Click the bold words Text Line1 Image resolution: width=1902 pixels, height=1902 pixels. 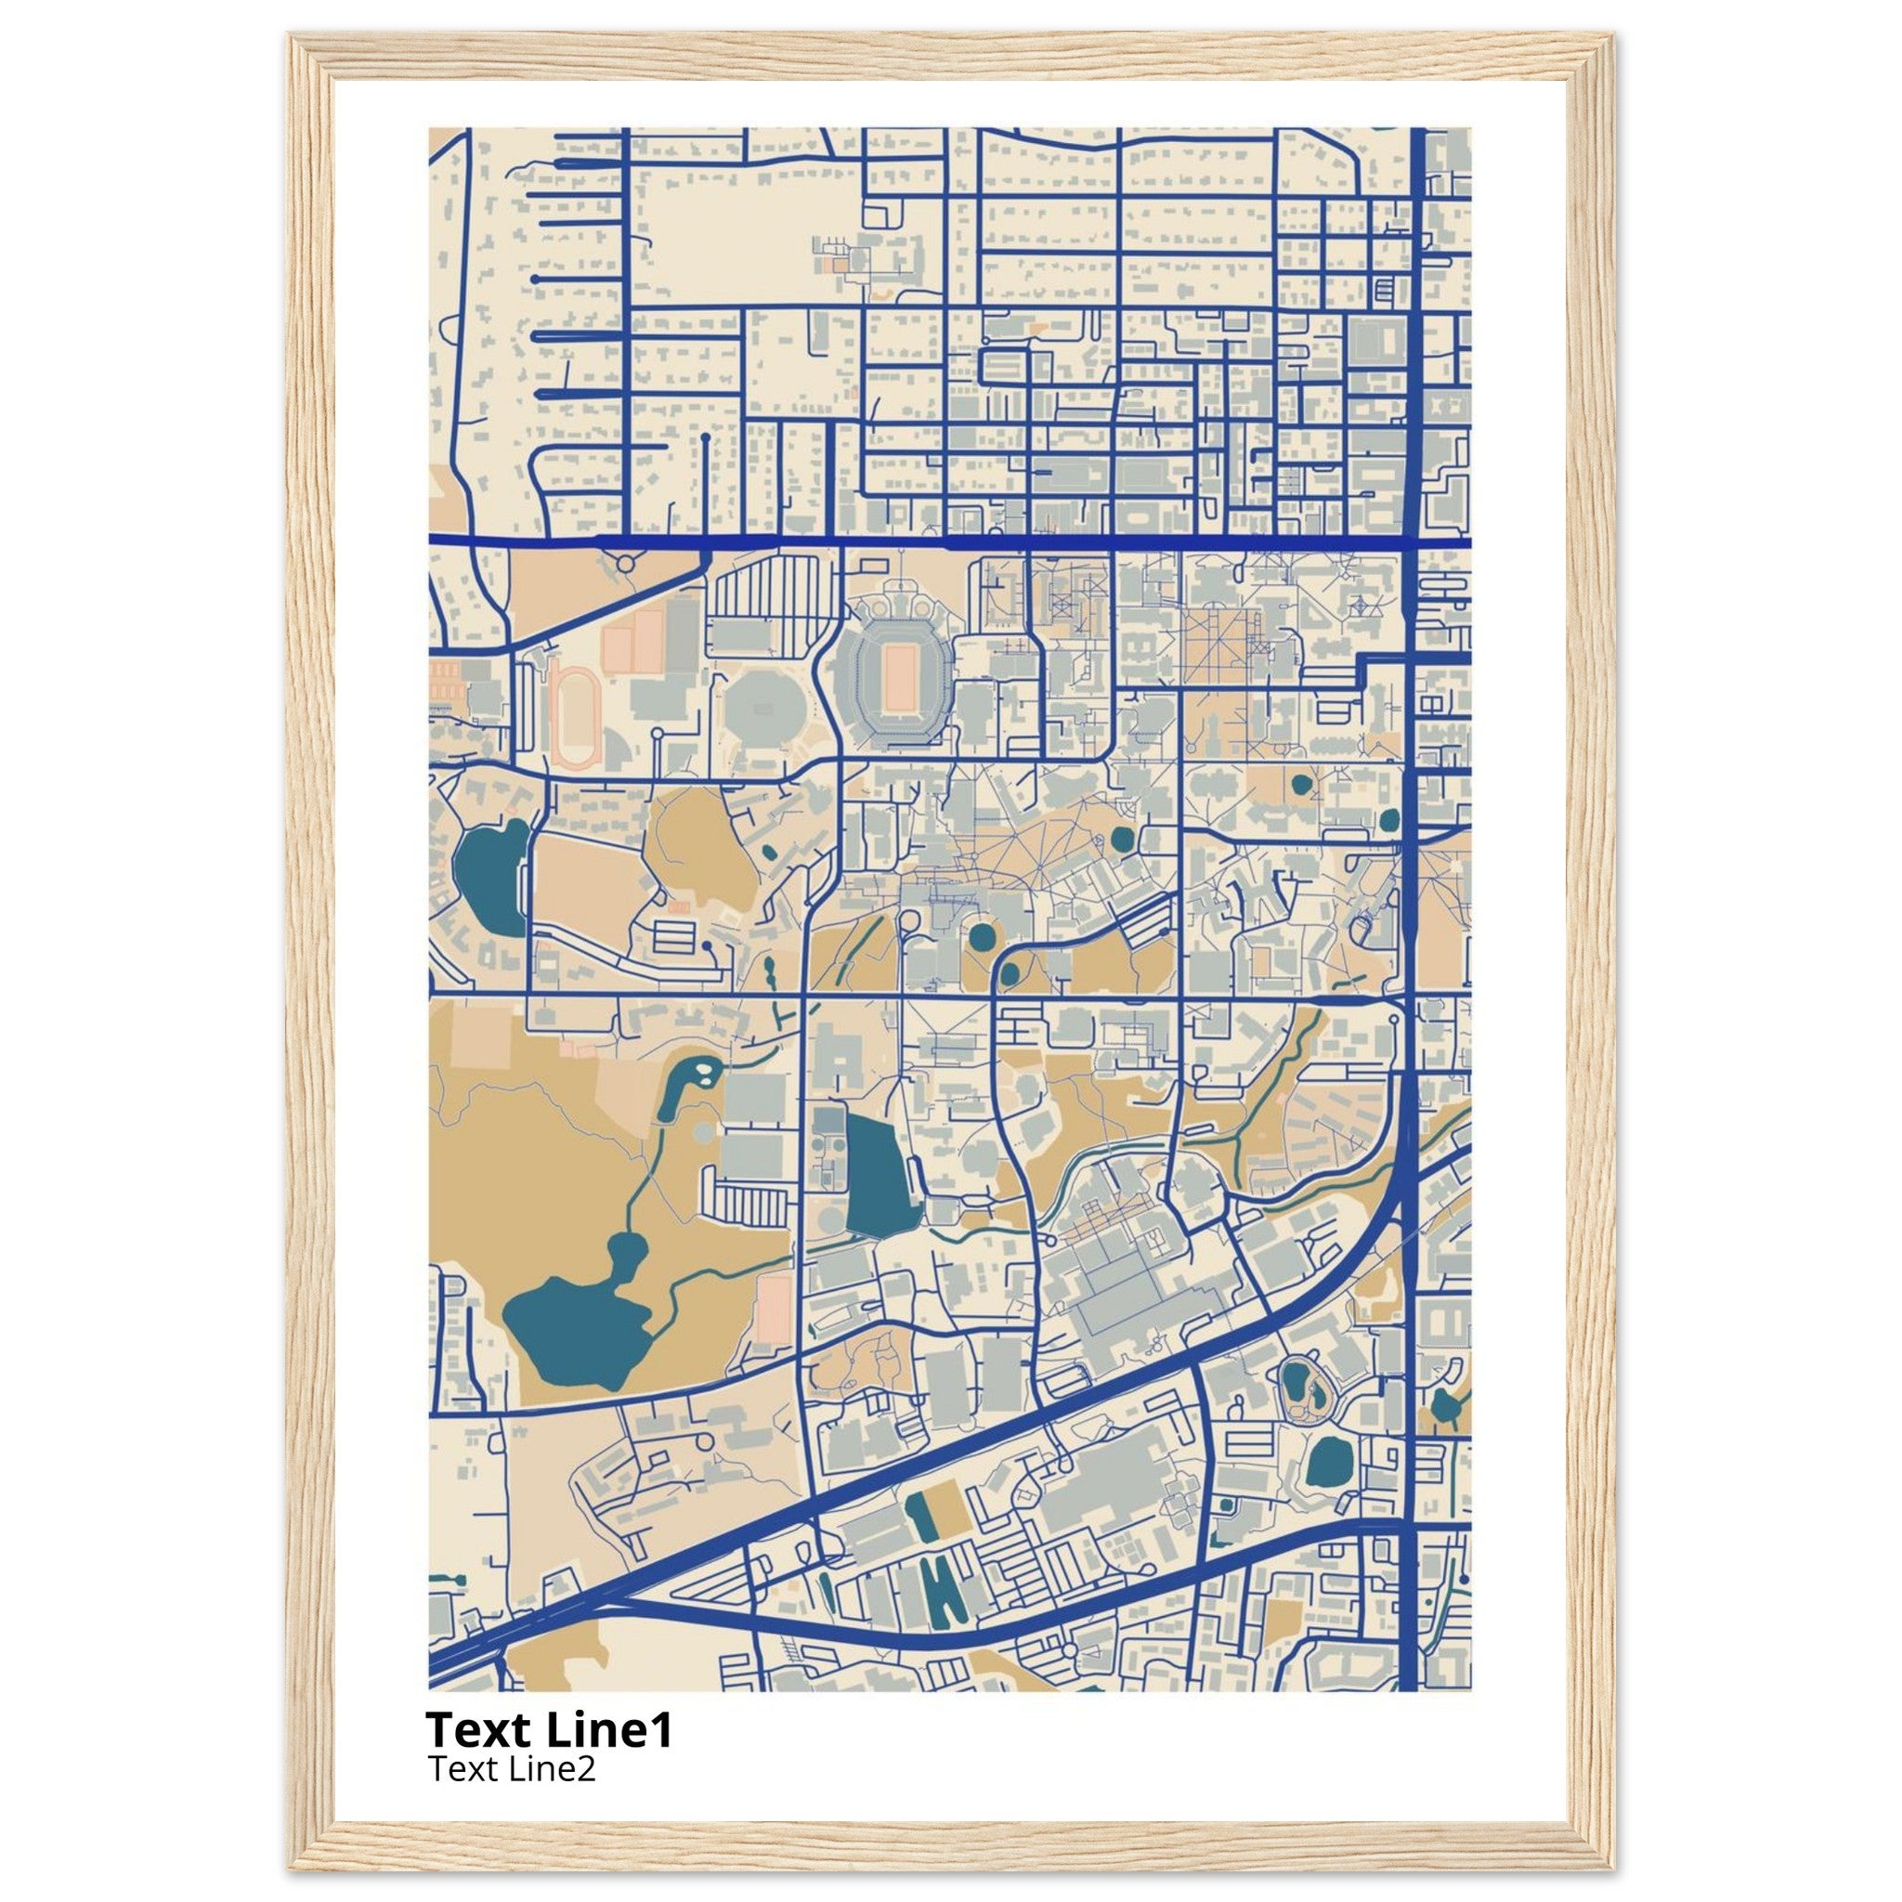pos(550,1728)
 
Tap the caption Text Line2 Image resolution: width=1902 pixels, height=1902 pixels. pos(512,1769)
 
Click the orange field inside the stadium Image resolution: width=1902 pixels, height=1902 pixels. pos(897,679)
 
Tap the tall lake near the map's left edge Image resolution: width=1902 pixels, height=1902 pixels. pos(490,877)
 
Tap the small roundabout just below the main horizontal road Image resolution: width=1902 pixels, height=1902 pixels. pos(624,563)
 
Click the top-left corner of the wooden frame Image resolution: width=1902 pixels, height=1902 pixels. pos(293,37)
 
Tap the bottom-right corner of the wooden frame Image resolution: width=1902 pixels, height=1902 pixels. pos(1610,1865)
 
